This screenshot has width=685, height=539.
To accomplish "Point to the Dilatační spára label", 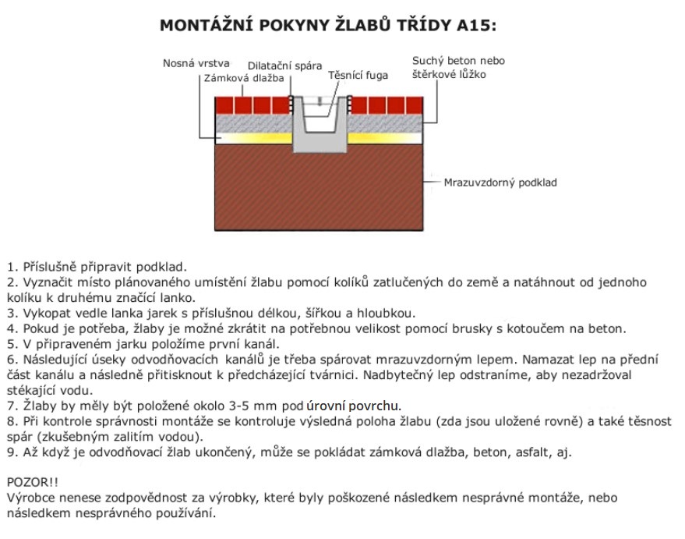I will pos(284,66).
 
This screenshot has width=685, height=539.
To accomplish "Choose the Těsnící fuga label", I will pos(358,76).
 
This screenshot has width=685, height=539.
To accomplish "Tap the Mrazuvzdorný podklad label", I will pos(500,183).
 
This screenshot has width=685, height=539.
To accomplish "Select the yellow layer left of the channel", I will pos(253,138).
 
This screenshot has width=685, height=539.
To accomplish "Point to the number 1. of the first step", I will pos(11,266).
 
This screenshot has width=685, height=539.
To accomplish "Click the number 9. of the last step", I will pos(11,452).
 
